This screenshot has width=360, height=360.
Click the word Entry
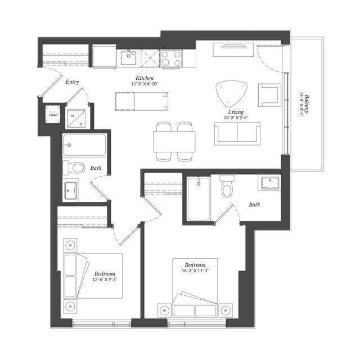72,82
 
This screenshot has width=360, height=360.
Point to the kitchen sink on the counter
129,56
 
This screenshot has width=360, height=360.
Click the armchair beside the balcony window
269,94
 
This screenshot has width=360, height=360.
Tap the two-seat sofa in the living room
237,133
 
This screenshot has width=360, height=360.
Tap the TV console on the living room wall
233,50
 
